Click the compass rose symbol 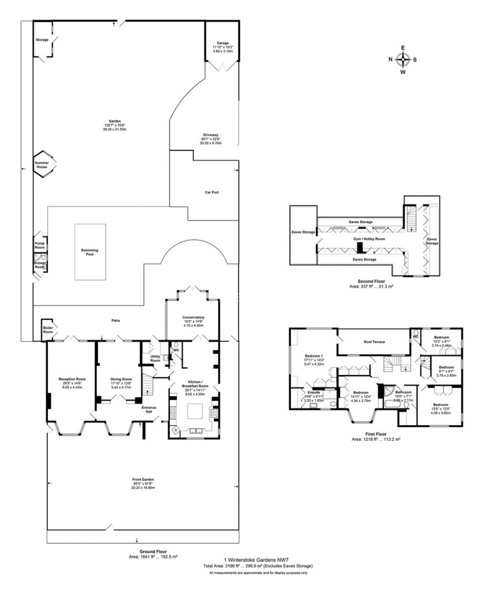click(x=403, y=59)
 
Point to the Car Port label click(x=211, y=192)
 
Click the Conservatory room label click(x=193, y=317)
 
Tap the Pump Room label click(x=39, y=245)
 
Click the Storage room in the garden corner click(x=42, y=40)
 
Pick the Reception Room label click(x=72, y=379)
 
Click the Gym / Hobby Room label click(x=369, y=238)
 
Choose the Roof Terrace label click(x=374, y=341)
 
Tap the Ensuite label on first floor click(x=314, y=392)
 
